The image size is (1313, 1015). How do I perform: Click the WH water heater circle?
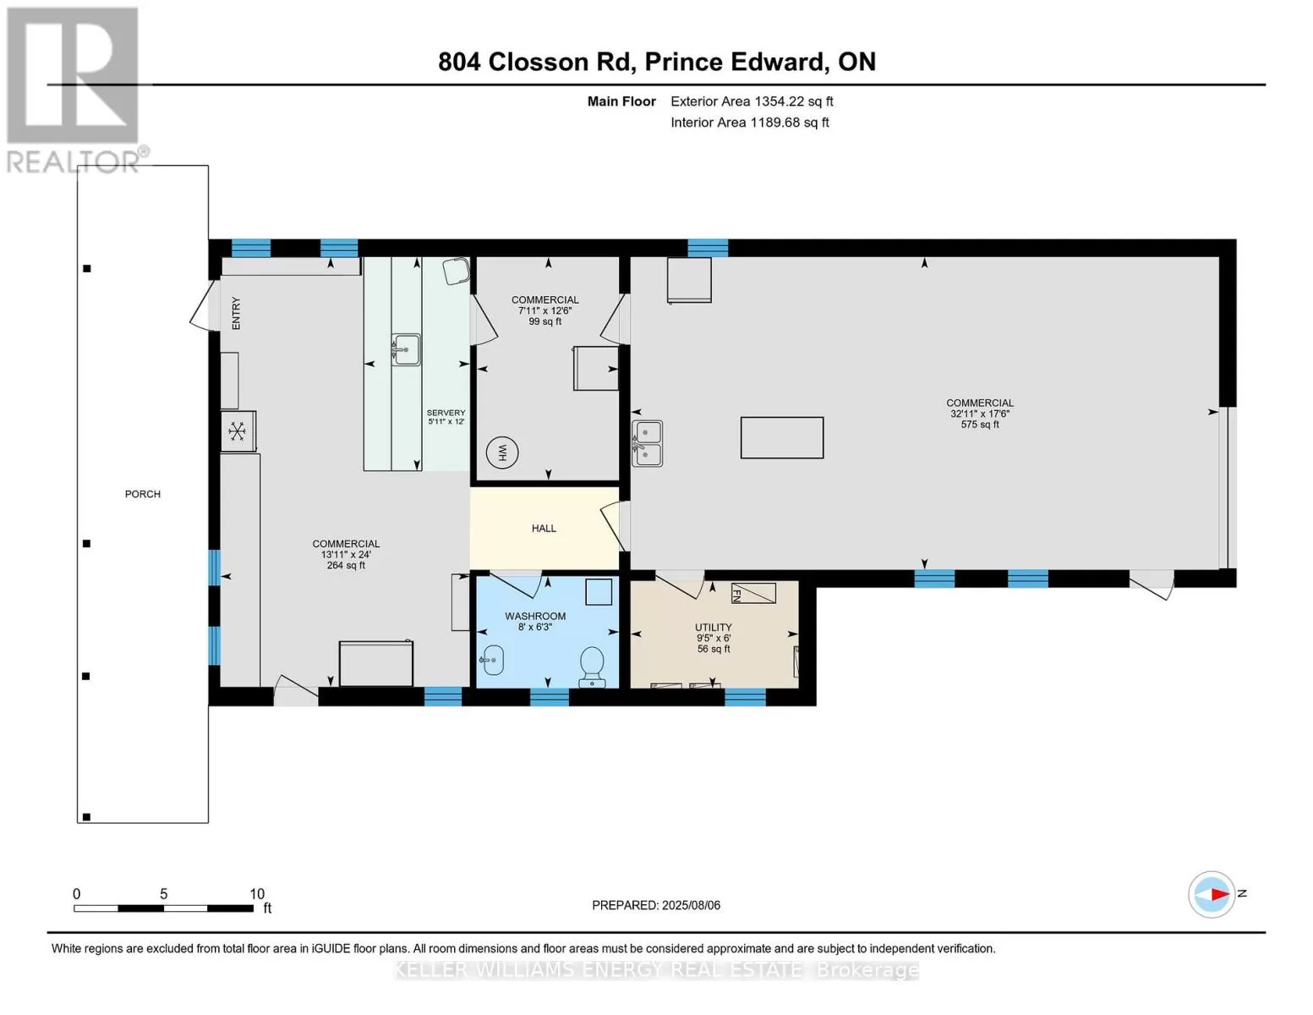pyautogui.click(x=501, y=453)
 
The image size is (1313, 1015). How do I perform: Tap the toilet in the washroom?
pyautogui.click(x=592, y=667)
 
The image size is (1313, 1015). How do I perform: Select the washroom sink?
pyautogui.click(x=492, y=660)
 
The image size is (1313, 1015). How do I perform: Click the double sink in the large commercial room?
pyautogui.click(x=647, y=443)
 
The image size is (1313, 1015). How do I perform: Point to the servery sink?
pyautogui.click(x=406, y=349)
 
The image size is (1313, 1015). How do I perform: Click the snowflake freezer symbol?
pyautogui.click(x=237, y=431)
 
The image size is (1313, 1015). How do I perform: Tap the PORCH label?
pyautogui.click(x=143, y=494)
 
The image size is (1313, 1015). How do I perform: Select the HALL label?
pyautogui.click(x=544, y=529)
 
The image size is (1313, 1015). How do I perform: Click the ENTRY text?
pyautogui.click(x=236, y=313)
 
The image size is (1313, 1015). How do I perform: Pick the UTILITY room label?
pyautogui.click(x=714, y=627)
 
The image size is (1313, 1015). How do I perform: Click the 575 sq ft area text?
pyautogui.click(x=979, y=425)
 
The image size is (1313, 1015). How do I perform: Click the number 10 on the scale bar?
pyautogui.click(x=257, y=893)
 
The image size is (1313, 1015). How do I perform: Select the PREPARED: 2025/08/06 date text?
pyautogui.click(x=656, y=905)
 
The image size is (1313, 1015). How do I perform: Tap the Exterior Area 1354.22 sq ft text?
pyautogui.click(x=752, y=101)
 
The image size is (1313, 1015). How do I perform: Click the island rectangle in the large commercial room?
pyautogui.click(x=782, y=437)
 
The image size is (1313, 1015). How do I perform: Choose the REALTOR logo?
pyautogui.click(x=75, y=90)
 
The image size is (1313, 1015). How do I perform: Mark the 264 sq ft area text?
pyautogui.click(x=347, y=565)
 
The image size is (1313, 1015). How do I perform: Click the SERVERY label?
pyautogui.click(x=446, y=412)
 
